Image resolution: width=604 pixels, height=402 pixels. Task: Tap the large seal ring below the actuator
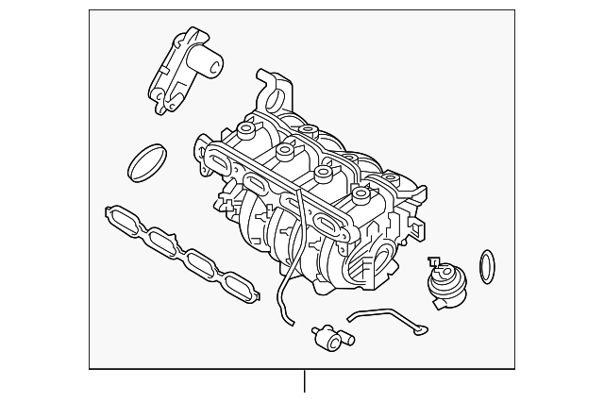[x=147, y=162]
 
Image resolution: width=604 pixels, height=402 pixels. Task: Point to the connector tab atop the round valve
[x=433, y=261]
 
